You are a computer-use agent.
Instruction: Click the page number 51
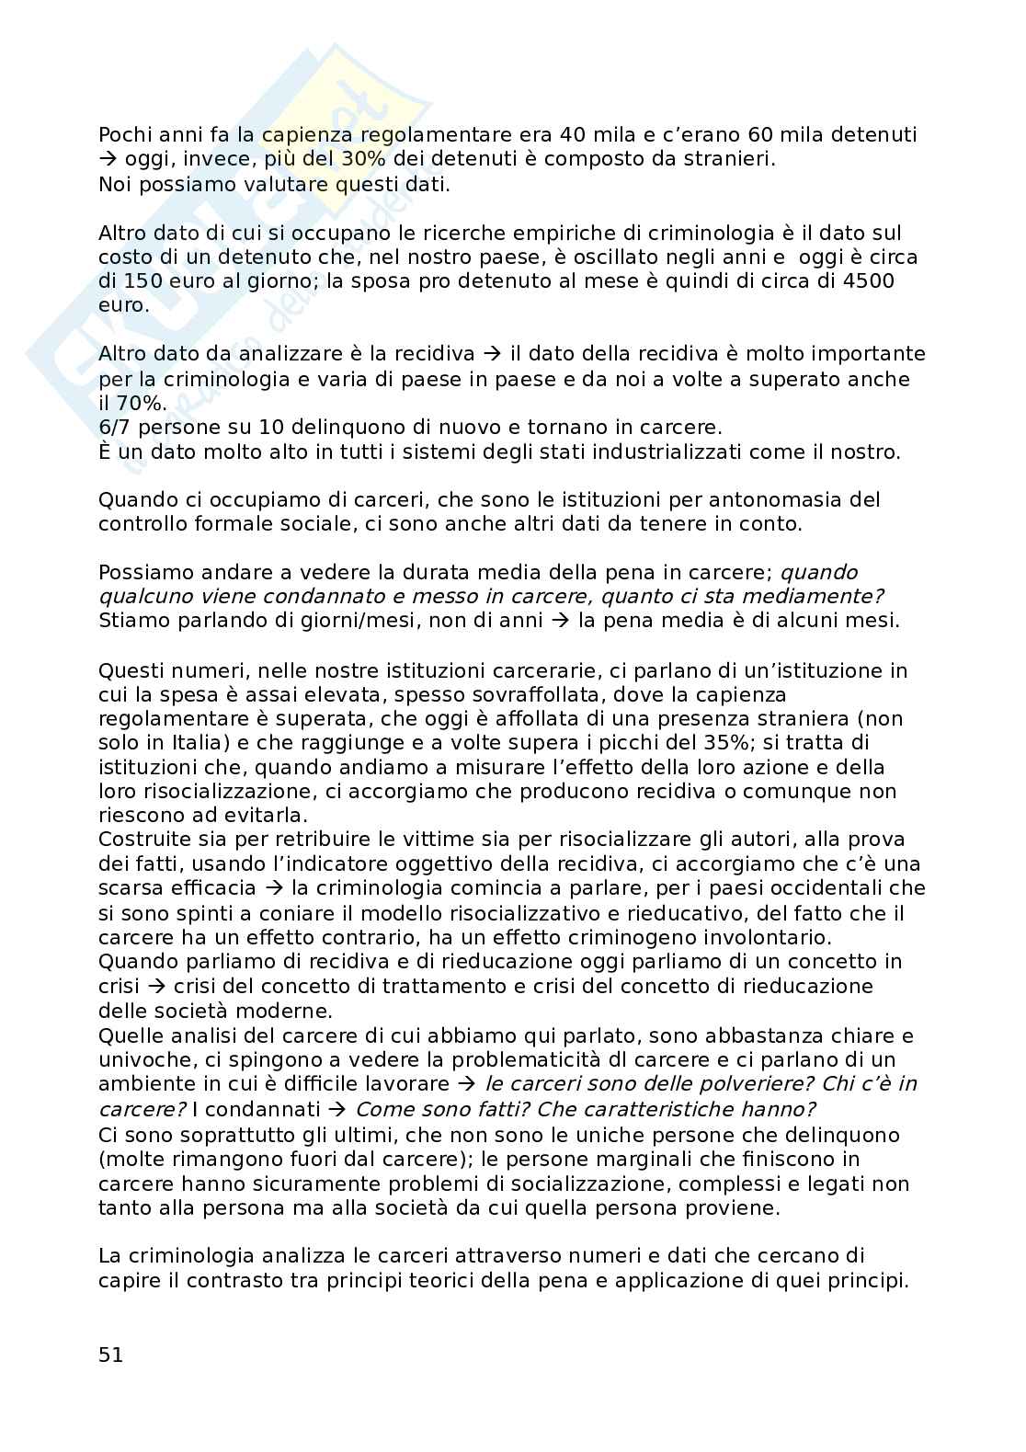(110, 1355)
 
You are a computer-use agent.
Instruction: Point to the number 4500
(868, 281)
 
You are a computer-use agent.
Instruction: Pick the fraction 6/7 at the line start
(116, 428)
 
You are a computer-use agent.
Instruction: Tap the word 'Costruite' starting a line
(141, 840)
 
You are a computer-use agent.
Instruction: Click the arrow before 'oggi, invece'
(104, 159)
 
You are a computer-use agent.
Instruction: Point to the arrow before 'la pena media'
(560, 620)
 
